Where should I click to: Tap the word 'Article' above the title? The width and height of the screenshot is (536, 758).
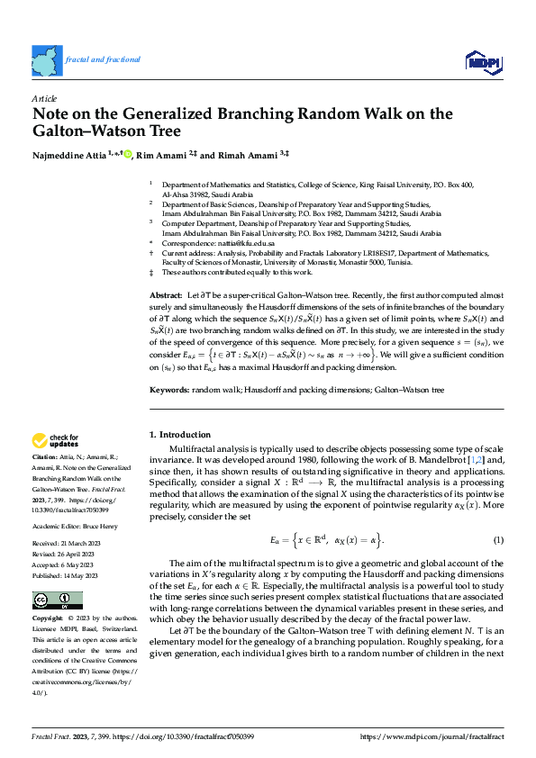[44, 97]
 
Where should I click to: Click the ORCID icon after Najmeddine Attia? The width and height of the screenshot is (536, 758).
[127, 155]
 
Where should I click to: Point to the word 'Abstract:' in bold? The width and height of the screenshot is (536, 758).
[165, 296]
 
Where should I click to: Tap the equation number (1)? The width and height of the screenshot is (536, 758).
[497, 539]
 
